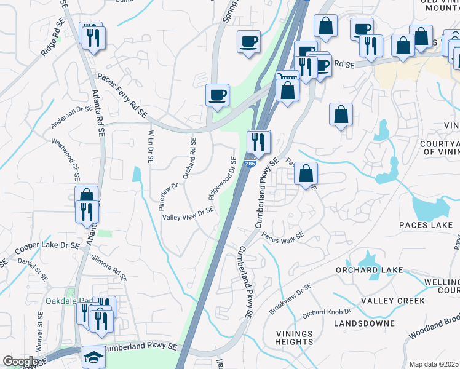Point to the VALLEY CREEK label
click(x=392, y=301)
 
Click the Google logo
click(x=20, y=362)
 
